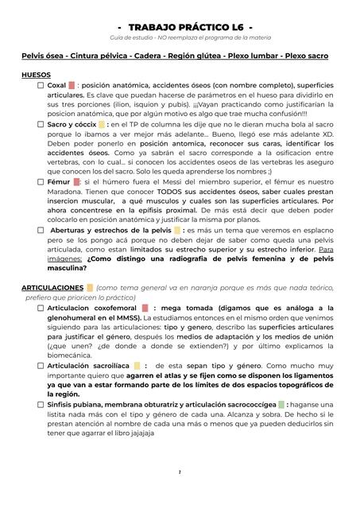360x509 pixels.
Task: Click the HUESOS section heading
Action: (37, 74)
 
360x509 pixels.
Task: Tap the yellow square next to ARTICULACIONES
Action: (90, 287)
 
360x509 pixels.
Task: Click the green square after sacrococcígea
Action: (281, 404)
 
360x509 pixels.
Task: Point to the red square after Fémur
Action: (76, 181)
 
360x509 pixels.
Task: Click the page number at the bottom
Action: (180, 495)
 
